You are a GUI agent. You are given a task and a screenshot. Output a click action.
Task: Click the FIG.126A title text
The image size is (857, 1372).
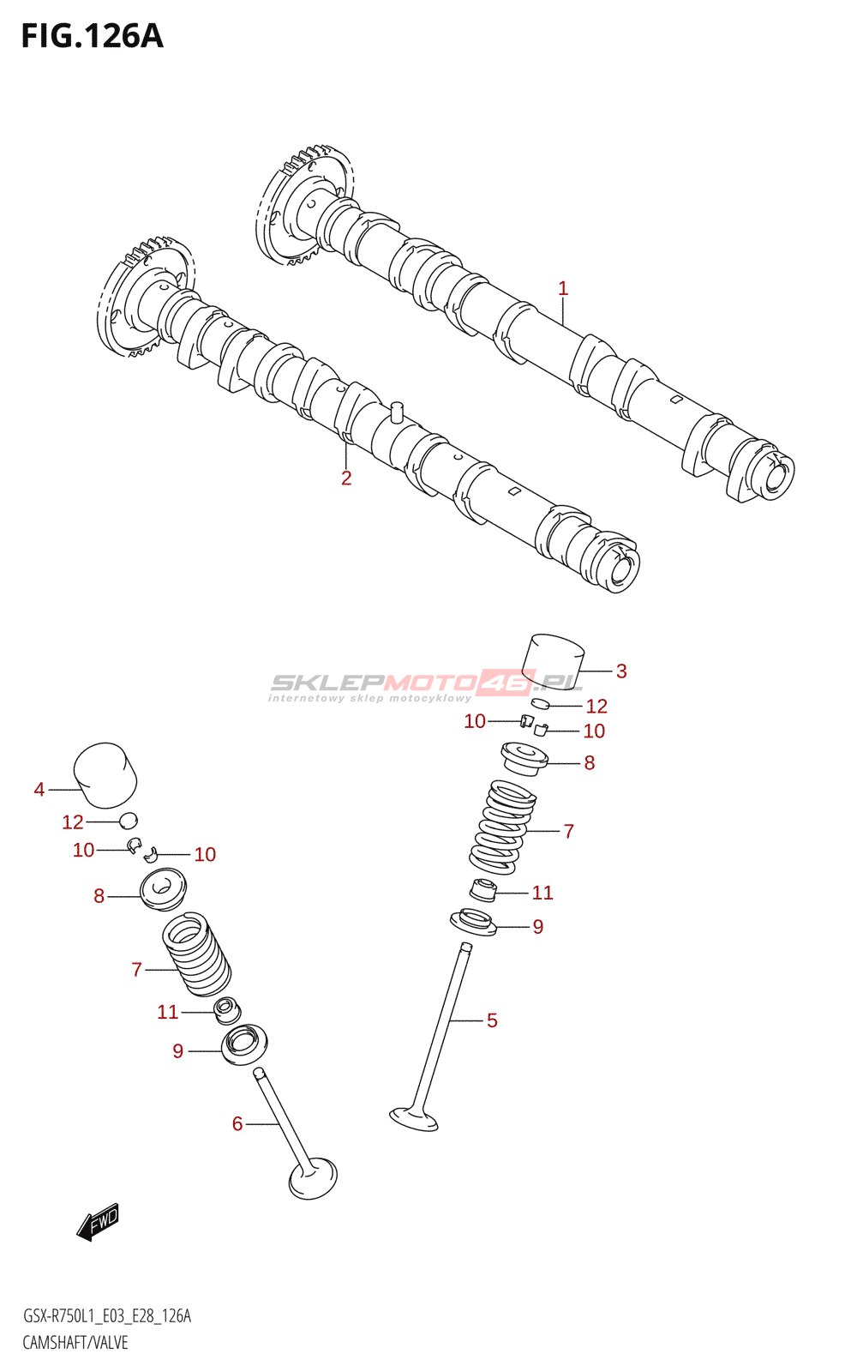tap(92, 36)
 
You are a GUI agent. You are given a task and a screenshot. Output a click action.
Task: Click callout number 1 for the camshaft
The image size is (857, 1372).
tap(563, 289)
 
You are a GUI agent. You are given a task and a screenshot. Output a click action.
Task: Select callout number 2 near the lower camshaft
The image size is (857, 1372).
tap(346, 478)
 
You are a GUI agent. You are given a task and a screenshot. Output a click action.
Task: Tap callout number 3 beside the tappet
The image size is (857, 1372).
tap(621, 671)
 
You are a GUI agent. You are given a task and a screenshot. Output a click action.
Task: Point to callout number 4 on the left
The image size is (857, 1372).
tap(39, 789)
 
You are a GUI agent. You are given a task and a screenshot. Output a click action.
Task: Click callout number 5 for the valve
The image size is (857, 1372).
tap(492, 1020)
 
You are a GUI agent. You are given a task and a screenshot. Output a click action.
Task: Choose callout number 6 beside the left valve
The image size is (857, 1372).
tap(237, 1123)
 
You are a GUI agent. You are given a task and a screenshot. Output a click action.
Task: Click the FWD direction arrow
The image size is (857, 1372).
tap(99, 1221)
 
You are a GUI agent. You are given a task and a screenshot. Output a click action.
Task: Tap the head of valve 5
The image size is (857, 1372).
tap(414, 1118)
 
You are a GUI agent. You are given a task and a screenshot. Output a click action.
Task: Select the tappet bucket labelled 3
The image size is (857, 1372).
tap(554, 662)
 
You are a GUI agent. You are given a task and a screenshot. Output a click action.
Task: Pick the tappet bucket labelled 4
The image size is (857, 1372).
tap(105, 775)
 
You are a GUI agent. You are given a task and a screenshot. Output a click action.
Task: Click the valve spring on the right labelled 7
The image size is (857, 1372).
tap(503, 827)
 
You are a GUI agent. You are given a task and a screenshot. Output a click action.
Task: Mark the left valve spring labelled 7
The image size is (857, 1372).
tap(197, 953)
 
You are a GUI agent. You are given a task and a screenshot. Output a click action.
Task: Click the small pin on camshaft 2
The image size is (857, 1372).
tap(396, 411)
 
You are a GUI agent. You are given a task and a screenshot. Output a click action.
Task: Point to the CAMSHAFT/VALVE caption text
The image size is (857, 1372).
tap(75, 1343)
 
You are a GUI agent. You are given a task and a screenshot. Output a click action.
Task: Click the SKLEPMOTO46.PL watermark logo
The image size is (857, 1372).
tap(426, 684)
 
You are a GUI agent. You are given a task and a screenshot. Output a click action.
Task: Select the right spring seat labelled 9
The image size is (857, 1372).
tap(473, 923)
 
